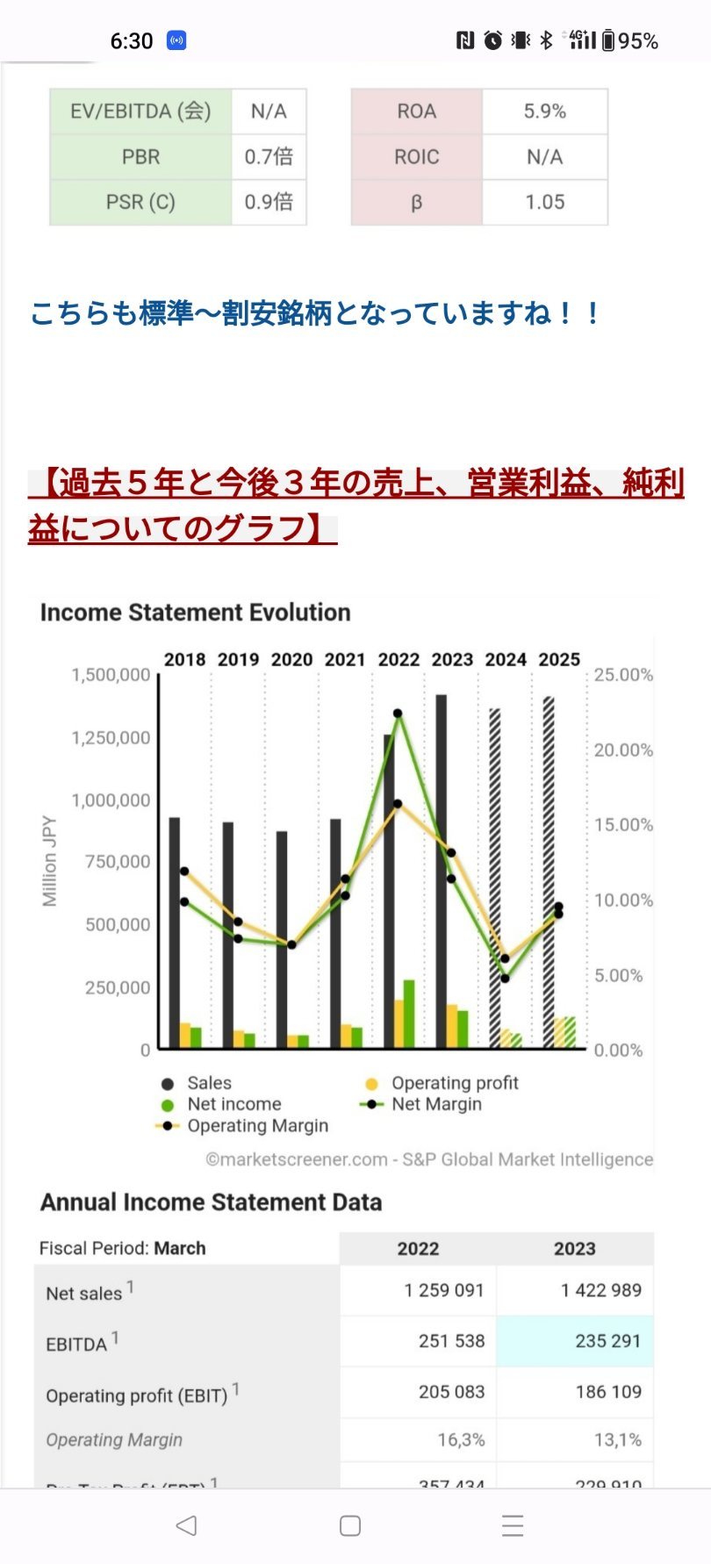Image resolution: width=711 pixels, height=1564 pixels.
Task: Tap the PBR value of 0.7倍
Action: click(x=269, y=157)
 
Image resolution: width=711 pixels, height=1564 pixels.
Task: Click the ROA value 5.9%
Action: click(x=544, y=111)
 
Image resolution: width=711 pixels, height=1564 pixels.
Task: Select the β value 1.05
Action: click(x=544, y=202)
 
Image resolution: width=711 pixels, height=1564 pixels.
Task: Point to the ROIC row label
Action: click(x=416, y=157)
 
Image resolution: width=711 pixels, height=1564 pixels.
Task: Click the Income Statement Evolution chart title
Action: click(x=195, y=613)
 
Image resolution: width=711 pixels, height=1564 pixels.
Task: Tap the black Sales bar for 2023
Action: click(x=441, y=869)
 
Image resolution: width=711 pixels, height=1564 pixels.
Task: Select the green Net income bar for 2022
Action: click(x=409, y=1014)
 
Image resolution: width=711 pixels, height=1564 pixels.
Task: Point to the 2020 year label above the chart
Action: click(x=291, y=659)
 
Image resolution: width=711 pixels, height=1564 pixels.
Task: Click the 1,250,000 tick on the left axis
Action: click(x=111, y=737)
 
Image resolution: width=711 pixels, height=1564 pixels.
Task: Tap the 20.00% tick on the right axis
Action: click(x=623, y=750)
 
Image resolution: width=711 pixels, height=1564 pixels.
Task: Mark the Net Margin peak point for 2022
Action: click(x=398, y=714)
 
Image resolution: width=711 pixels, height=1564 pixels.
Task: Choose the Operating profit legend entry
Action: click(x=454, y=1083)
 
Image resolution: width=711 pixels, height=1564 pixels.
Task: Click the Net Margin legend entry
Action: click(x=436, y=1104)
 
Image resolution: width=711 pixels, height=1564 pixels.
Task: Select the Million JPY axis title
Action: click(x=49, y=861)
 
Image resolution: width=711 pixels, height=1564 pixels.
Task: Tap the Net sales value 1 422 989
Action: click(x=600, y=1290)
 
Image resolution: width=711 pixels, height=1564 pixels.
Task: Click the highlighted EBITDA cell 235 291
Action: click(x=607, y=1341)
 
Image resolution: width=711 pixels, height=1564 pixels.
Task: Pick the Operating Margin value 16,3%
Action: click(x=461, y=1440)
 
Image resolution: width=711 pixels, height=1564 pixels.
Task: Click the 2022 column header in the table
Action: click(x=418, y=1249)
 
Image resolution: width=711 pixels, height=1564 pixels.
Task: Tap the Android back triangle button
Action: click(x=186, y=1525)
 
